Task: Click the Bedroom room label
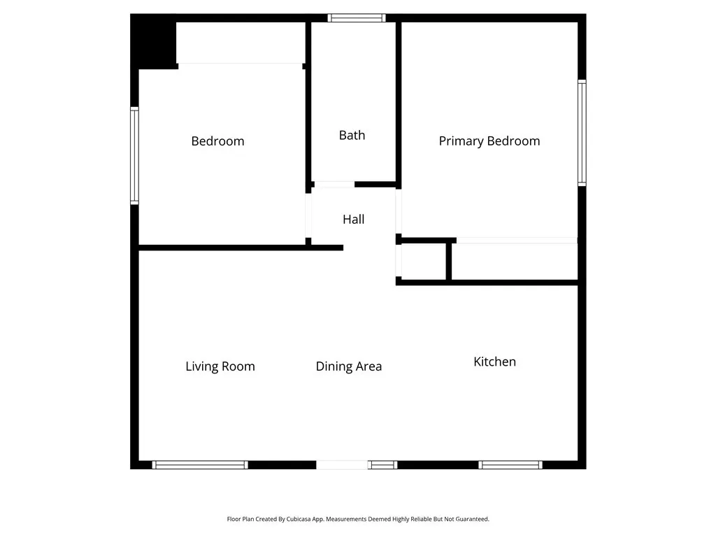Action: tap(217, 141)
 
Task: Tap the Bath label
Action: tap(352, 135)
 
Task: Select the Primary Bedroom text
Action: tap(489, 141)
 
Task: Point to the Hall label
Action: tap(353, 220)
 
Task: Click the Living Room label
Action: tap(220, 366)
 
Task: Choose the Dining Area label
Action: tap(348, 366)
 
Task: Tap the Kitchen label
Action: tap(494, 361)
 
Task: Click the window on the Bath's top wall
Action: tap(357, 18)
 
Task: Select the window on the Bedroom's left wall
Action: tap(134, 155)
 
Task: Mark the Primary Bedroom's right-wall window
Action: tap(582, 133)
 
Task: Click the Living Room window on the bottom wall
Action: tap(200, 465)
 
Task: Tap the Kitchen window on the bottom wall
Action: tap(510, 465)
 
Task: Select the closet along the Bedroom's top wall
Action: tap(240, 43)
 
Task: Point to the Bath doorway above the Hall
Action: tap(334, 185)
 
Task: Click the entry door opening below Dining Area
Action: tap(343, 465)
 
